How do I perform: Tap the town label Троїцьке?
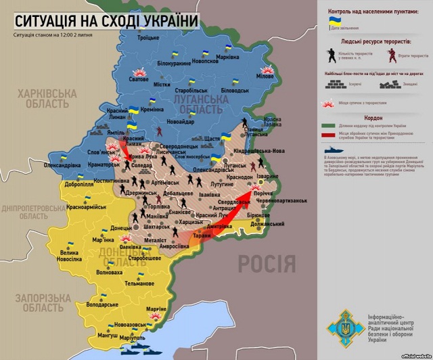point(147,38)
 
